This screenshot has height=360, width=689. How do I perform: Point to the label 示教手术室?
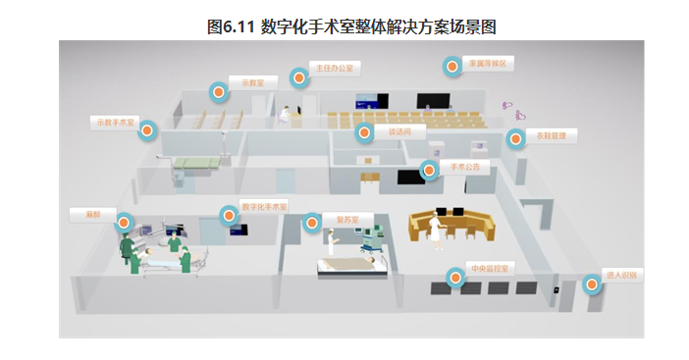pyautogui.click(x=114, y=123)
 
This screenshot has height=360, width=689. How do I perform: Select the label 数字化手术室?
pyautogui.click(x=265, y=207)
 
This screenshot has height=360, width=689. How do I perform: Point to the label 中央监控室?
pyautogui.click(x=489, y=269)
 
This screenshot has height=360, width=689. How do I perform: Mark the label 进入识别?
pyautogui.click(x=624, y=277)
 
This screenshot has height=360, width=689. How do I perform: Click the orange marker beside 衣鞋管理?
pyautogui.click(x=517, y=139)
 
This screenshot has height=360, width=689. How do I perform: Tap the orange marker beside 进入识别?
pyautogui.click(x=592, y=285)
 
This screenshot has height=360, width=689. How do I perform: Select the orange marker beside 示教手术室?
pyautogui.click(x=148, y=130)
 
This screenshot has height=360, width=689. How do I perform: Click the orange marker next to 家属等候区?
pyautogui.click(x=451, y=68)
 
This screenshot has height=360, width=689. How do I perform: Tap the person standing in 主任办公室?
pyautogui.click(x=286, y=115)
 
